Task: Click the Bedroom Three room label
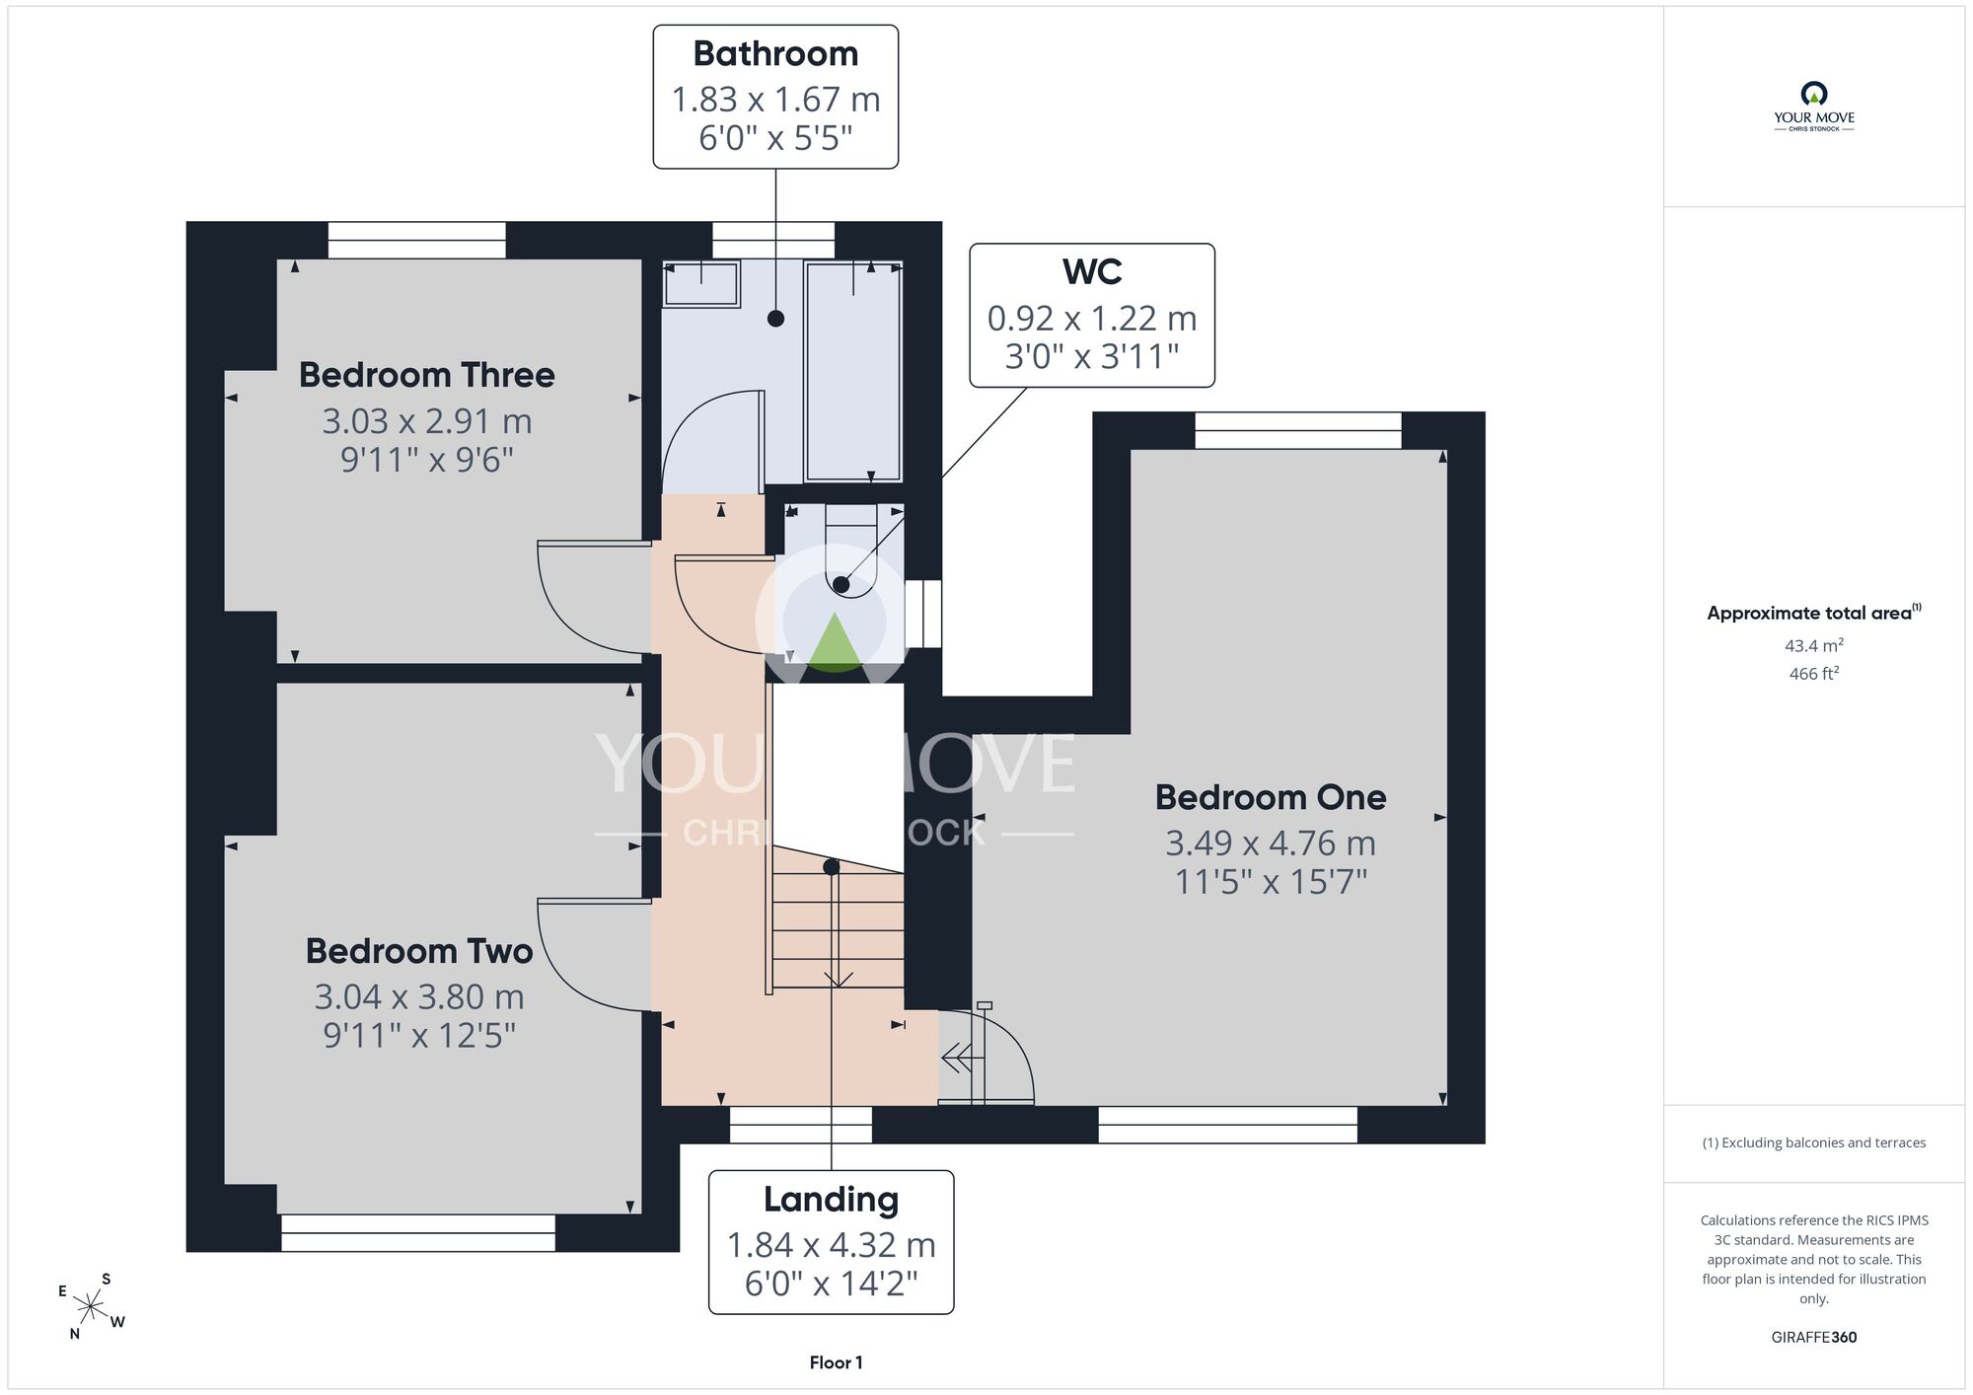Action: click(426, 375)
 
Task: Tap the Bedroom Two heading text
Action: click(419, 951)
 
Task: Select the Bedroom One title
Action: click(1271, 797)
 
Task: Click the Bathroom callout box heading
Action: click(775, 53)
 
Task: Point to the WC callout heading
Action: click(1092, 271)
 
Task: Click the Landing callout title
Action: click(831, 1200)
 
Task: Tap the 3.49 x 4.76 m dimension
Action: click(1271, 843)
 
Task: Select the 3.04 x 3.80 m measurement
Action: click(419, 996)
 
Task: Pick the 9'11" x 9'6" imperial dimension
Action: click(427, 460)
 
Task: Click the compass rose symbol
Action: click(91, 1308)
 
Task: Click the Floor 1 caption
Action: click(836, 1362)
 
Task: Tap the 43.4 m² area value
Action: click(1814, 645)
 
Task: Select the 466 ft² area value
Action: click(1814, 674)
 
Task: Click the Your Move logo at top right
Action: click(1814, 107)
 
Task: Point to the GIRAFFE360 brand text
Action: click(1814, 1338)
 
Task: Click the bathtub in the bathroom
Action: click(853, 371)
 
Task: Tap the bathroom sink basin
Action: click(700, 284)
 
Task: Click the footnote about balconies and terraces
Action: click(1814, 1143)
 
